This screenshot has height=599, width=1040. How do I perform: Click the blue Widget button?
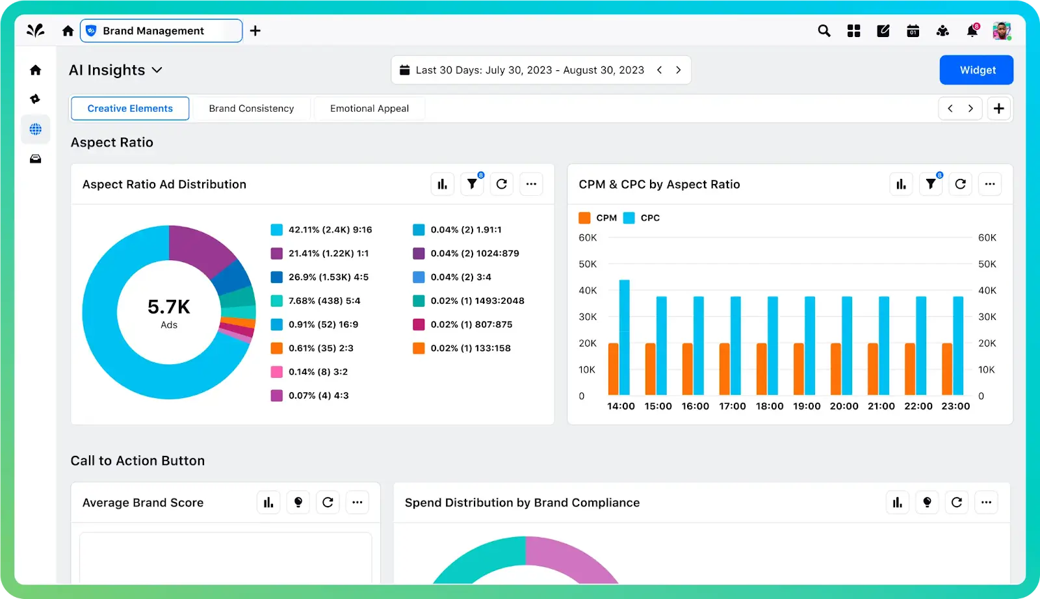976,70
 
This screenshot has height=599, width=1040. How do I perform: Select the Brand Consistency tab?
252,109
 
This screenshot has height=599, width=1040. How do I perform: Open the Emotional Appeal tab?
369,109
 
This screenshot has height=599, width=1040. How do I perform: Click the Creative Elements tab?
130,109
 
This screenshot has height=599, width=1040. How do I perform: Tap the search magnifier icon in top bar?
824,31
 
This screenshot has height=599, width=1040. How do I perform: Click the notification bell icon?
972,31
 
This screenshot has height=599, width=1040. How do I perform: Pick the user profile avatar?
1001,31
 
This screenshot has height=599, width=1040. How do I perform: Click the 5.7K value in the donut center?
169,307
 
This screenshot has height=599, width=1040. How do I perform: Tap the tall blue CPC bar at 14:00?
625,337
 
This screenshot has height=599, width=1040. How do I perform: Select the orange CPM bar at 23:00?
947,369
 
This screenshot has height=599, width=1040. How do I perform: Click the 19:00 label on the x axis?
807,406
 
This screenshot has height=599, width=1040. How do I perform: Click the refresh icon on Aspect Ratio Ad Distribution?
502,184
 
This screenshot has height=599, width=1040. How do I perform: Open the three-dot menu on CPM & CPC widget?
989,184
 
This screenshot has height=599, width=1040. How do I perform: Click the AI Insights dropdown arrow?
157,70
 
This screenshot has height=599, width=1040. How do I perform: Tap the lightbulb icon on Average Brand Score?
298,502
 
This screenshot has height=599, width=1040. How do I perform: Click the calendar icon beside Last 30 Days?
404,70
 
